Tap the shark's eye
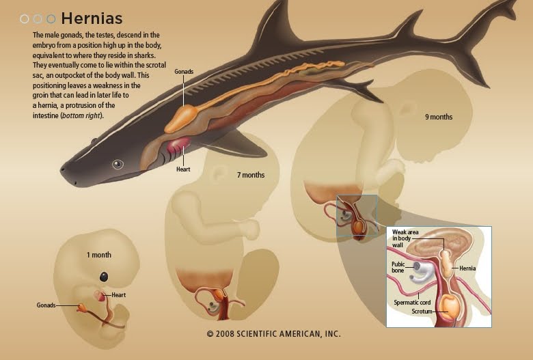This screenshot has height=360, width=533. click(x=118, y=164)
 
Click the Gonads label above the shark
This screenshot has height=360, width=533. click(x=184, y=71)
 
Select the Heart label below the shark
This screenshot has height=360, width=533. click(x=182, y=170)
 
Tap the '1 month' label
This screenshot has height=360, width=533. click(x=98, y=255)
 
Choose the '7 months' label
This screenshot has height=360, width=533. click(x=251, y=175)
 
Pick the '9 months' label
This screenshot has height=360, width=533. click(x=439, y=117)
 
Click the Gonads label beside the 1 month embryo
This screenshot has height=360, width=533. click(x=46, y=305)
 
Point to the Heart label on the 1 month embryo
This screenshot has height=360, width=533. click(x=119, y=295)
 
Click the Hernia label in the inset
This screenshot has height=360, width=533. click(x=467, y=268)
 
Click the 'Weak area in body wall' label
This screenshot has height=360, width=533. click(x=403, y=238)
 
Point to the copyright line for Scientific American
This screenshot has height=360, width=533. click(x=273, y=334)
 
